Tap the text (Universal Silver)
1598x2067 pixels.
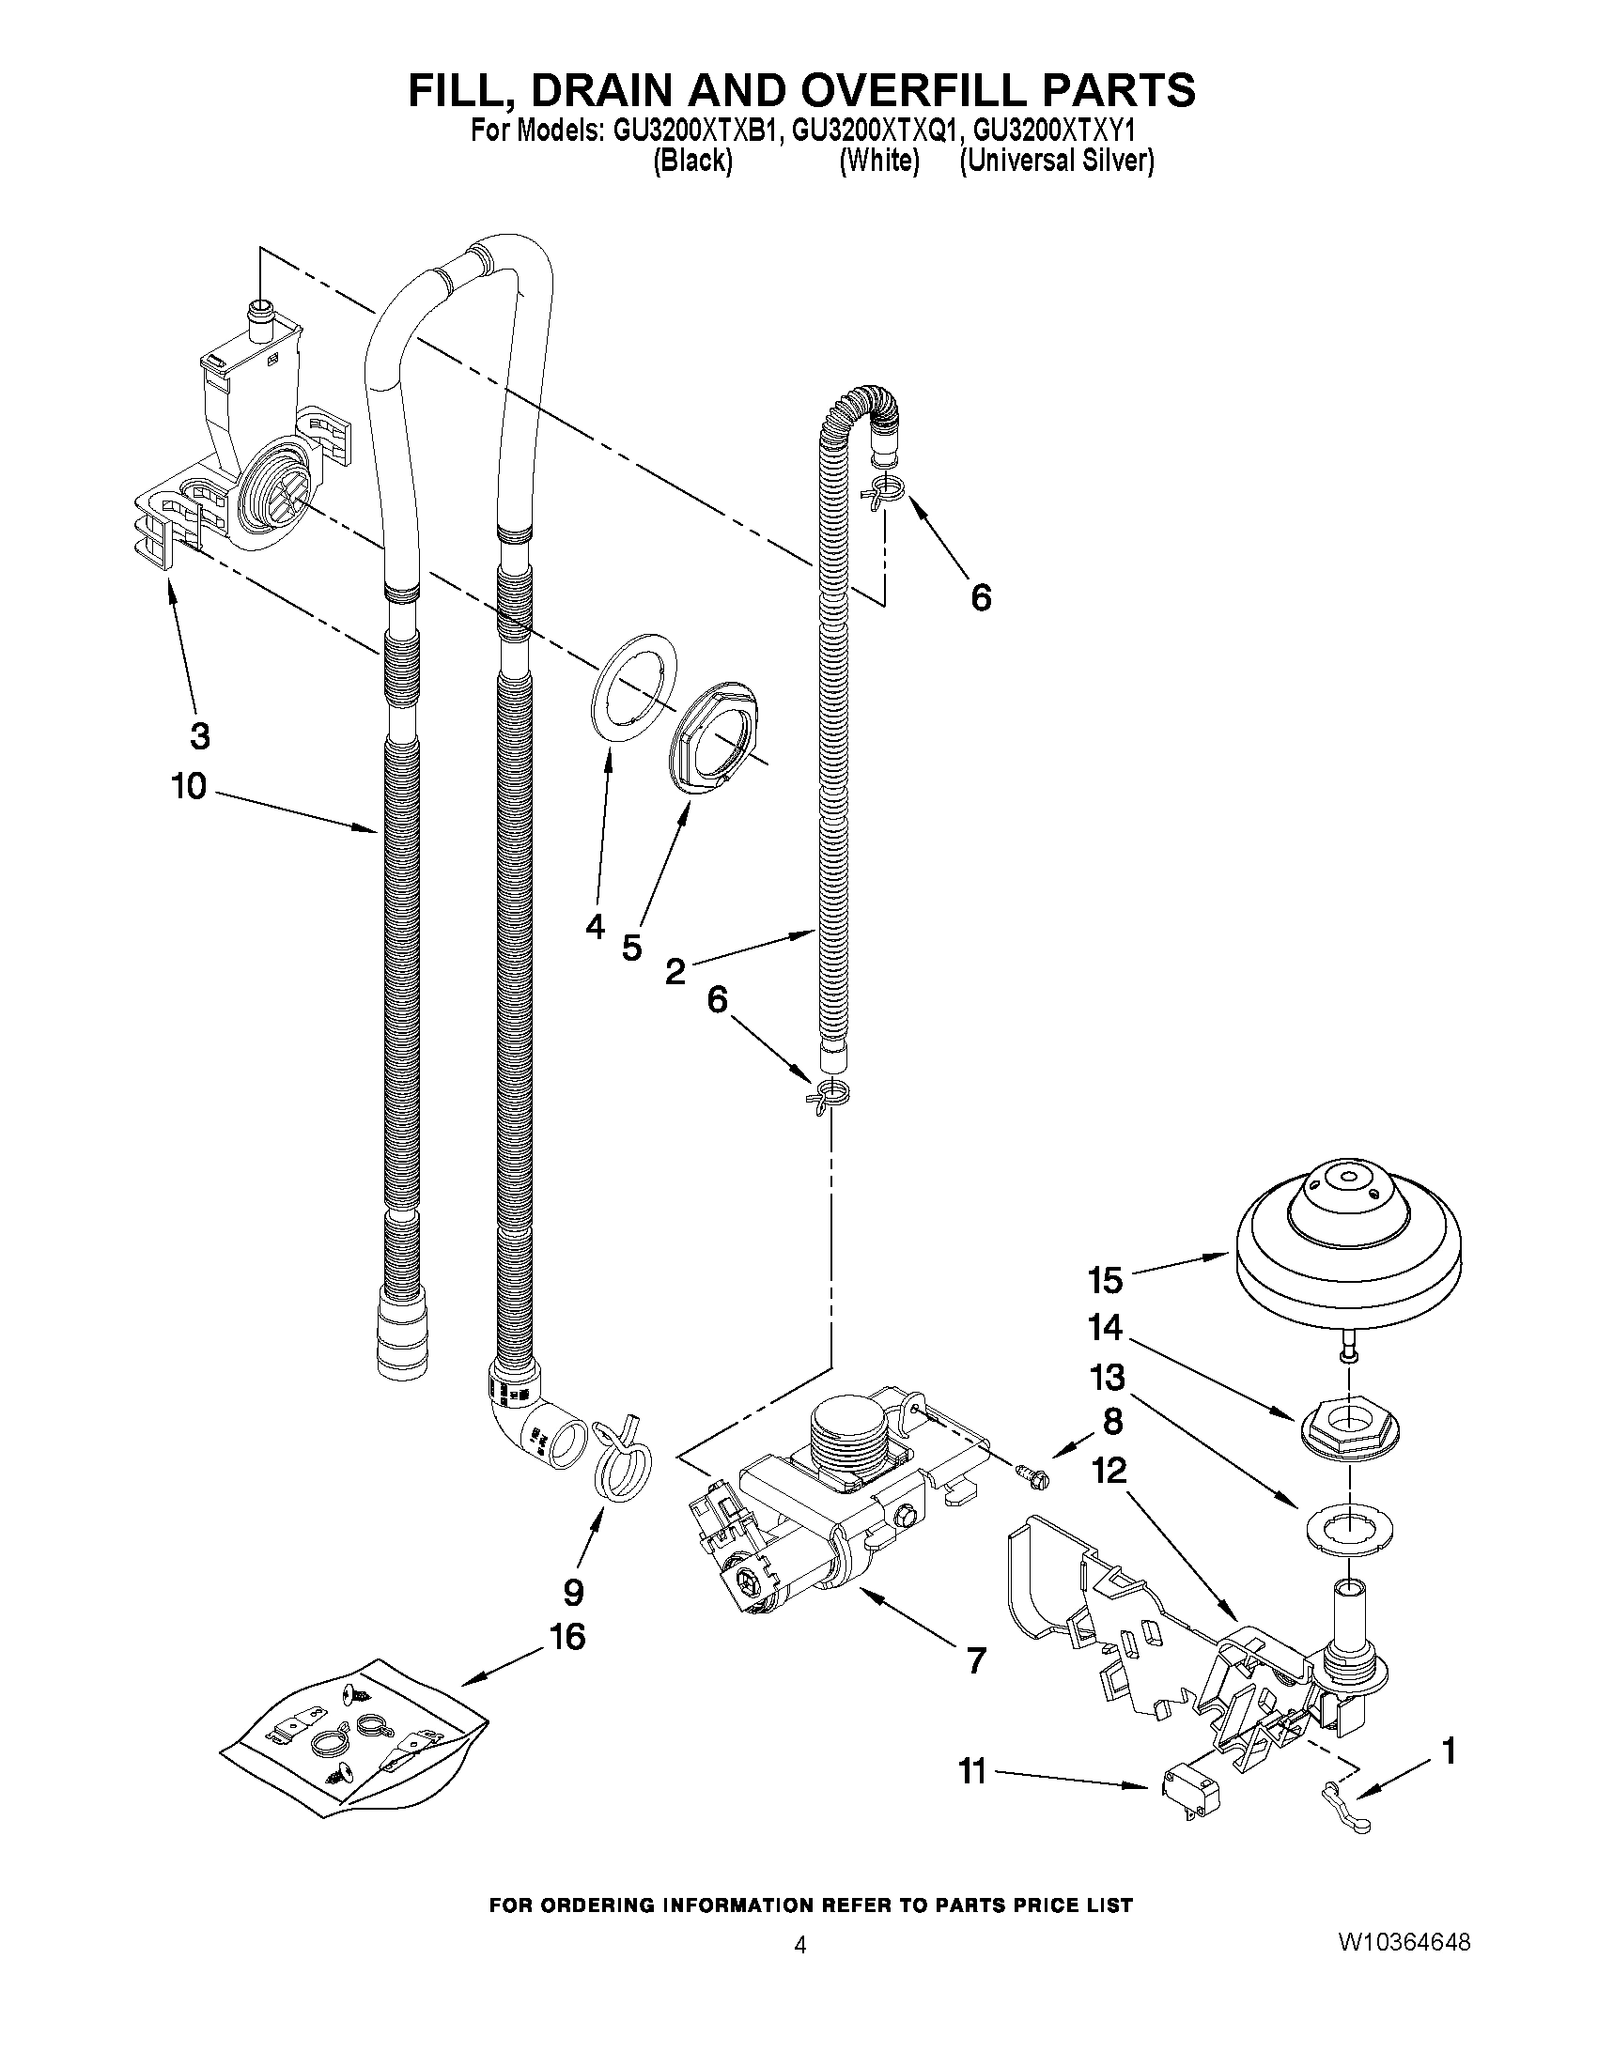[x=1057, y=161]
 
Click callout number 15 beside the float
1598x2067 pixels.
[x=1105, y=1281]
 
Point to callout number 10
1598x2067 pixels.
[x=189, y=785]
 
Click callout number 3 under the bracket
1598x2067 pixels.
[x=200, y=735]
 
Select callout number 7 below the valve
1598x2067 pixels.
[x=975, y=1660]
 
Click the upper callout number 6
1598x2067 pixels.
[x=981, y=597]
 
